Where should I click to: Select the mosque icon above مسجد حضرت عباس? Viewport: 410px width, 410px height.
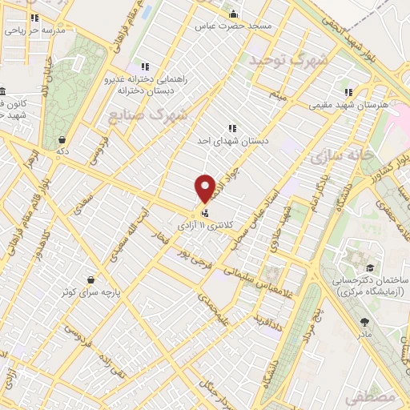coord(233,14)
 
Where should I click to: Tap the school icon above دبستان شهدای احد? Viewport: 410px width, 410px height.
coord(232,127)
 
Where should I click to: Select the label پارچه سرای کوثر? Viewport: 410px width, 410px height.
coord(89,291)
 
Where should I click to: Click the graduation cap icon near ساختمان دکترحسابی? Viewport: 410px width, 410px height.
coord(370,267)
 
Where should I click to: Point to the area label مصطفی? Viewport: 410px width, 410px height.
coord(372,397)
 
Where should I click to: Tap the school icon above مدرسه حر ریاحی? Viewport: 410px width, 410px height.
coord(34,18)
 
